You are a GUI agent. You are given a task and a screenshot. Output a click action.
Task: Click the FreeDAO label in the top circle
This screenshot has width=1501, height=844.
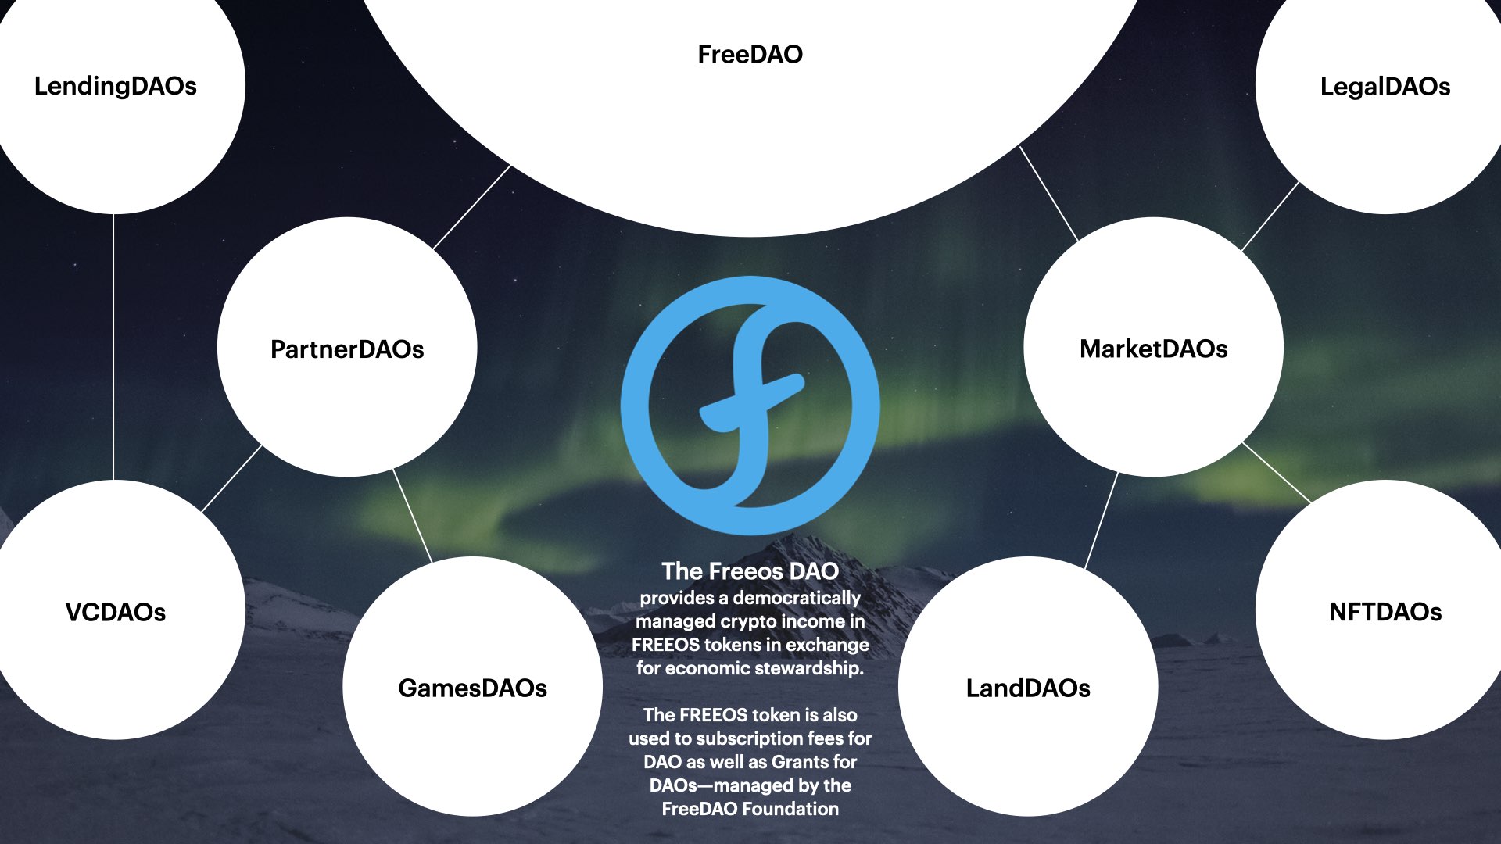point(750,55)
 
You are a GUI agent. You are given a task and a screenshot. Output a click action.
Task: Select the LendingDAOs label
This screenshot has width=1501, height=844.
point(116,86)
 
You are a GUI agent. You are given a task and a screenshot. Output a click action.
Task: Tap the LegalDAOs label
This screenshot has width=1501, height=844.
point(1385,87)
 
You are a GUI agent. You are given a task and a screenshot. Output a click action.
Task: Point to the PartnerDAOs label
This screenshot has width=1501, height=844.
point(347,349)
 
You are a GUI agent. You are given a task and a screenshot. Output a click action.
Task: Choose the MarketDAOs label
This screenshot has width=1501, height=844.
point(1153,349)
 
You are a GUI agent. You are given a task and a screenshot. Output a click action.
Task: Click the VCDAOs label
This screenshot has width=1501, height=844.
point(116,612)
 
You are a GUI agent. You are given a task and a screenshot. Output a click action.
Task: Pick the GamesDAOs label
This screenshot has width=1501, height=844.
point(472,688)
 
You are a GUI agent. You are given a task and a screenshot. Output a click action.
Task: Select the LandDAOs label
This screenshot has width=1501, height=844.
point(1028,688)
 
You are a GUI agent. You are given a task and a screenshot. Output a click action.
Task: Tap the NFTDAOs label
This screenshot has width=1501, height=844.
point(1385,612)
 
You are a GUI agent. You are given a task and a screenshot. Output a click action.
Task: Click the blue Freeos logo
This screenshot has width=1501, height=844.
point(750,405)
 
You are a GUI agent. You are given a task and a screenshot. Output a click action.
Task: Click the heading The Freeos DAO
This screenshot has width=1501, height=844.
point(750,571)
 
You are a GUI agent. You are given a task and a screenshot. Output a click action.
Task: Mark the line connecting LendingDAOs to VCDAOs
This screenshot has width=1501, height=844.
point(113,348)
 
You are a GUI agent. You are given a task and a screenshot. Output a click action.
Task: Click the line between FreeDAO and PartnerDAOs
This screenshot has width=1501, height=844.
point(471,207)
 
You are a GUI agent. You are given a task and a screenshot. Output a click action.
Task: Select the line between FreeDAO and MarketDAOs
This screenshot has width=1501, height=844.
point(1048,193)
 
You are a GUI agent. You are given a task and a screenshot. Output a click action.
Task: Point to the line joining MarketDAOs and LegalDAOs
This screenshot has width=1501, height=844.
point(1270,216)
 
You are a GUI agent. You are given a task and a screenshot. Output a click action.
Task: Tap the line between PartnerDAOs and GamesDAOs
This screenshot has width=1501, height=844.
point(412,515)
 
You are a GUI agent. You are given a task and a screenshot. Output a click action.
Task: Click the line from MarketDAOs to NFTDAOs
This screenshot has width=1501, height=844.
point(1277,472)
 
